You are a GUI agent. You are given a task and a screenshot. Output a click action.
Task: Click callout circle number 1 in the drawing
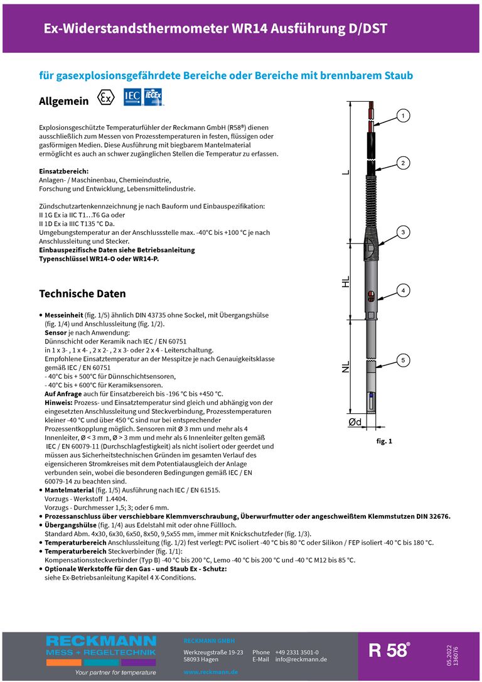tap(403, 116)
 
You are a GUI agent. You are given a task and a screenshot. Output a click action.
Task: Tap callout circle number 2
tap(403, 163)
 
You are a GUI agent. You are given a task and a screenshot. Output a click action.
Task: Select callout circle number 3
tap(403, 232)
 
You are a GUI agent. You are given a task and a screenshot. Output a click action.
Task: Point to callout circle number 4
tap(403, 290)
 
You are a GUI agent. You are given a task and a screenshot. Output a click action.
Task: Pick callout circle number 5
tap(403, 360)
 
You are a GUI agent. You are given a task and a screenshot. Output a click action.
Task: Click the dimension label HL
tap(346, 282)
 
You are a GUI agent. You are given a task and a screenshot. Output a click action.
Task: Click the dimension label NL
tap(346, 367)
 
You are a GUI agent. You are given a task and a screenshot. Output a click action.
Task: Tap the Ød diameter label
tap(355, 423)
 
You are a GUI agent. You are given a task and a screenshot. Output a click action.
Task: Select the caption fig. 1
tap(384, 441)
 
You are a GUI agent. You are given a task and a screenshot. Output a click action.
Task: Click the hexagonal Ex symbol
tap(107, 99)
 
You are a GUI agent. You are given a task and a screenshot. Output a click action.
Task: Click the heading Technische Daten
tap(82, 294)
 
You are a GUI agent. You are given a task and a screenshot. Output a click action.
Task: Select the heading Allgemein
tap(64, 101)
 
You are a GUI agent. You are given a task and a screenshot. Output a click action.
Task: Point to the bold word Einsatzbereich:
tap(63, 171)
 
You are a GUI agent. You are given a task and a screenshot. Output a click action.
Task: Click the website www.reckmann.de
tap(211, 672)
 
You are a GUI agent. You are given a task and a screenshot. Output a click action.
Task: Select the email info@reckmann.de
tap(301, 659)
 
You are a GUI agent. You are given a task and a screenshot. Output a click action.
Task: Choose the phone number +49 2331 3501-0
tap(296, 652)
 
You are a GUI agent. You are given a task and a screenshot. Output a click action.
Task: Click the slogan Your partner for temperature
tap(115, 672)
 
